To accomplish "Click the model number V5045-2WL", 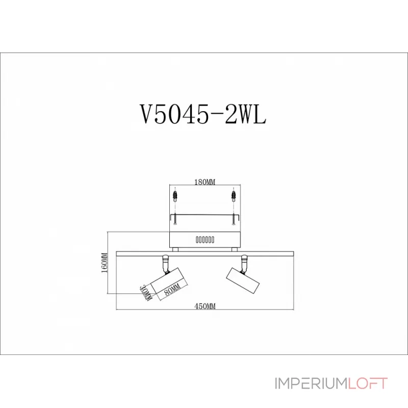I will [203, 115].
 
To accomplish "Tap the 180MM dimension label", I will [205, 182].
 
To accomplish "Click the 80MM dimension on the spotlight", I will [172, 290].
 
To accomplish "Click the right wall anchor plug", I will [233, 195].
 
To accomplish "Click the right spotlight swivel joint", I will [244, 262].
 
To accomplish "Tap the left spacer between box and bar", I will [175, 249].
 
